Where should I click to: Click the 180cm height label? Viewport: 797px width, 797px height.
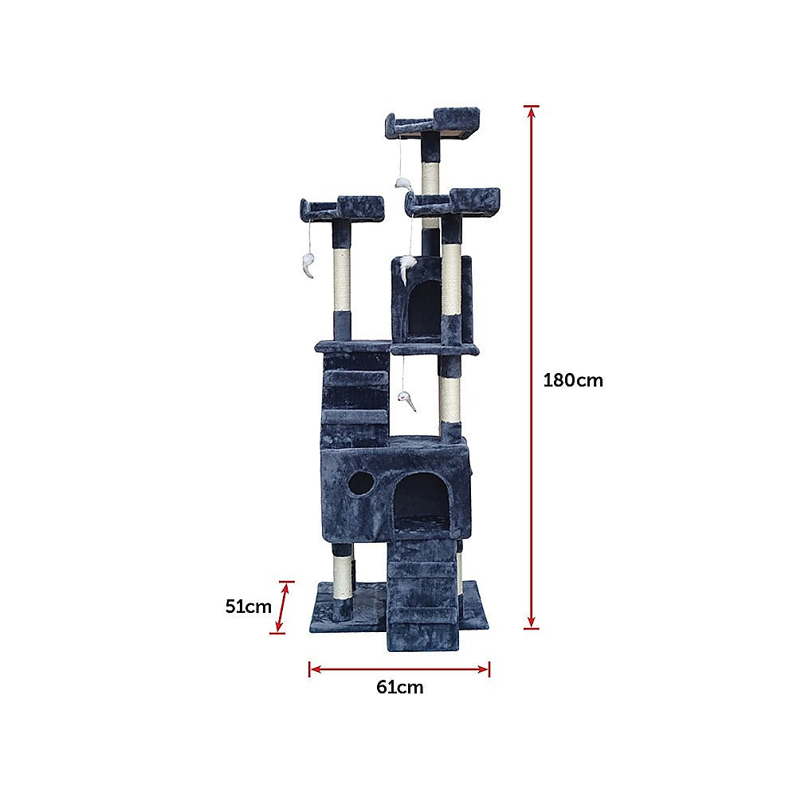coord(573,380)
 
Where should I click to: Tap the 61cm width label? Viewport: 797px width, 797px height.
coord(399,687)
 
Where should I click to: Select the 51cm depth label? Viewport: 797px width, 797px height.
coord(248,606)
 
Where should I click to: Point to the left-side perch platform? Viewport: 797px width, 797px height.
coord(341,209)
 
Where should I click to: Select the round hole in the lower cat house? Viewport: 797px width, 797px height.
coord(361,483)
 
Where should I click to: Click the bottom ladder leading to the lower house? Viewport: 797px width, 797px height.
coord(423,590)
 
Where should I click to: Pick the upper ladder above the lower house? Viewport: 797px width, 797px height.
coord(355,398)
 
